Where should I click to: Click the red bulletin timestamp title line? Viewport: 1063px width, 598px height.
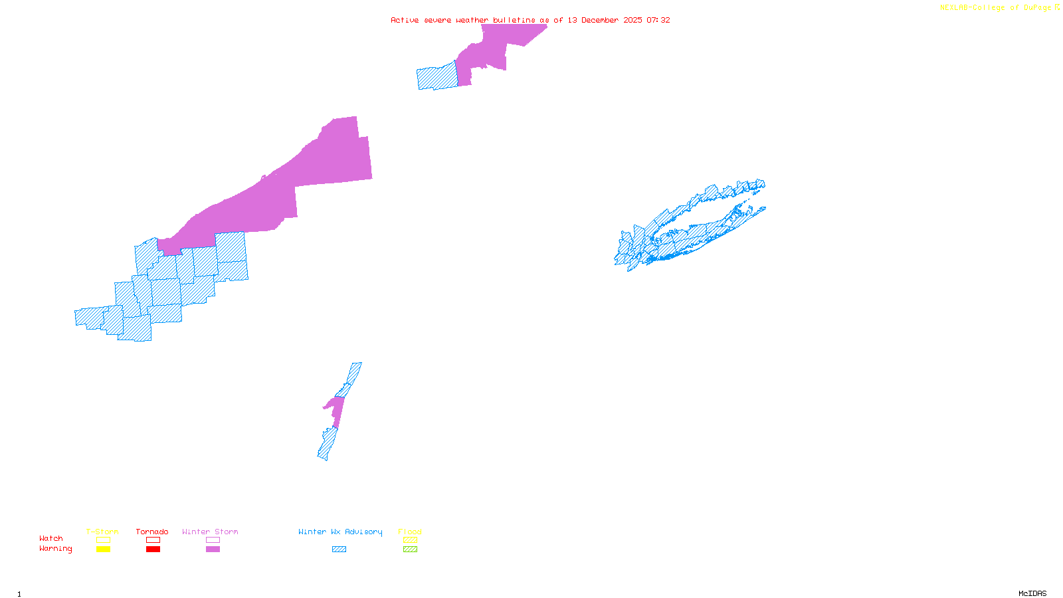[530, 20]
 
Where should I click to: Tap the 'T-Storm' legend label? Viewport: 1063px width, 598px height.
[102, 532]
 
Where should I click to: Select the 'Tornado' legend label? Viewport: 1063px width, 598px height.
[152, 532]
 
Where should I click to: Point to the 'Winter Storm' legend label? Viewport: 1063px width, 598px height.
[210, 532]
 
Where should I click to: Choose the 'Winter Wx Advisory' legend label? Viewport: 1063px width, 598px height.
[340, 532]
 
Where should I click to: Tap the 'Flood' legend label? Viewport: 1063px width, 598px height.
[410, 532]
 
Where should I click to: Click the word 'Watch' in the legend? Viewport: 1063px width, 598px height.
[51, 538]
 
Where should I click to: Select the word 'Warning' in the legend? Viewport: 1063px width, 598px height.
[55, 549]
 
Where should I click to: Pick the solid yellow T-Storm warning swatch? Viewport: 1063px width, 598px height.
[103, 549]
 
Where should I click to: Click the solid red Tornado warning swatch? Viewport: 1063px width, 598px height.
[153, 549]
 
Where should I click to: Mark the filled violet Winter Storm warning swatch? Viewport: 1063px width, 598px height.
[213, 549]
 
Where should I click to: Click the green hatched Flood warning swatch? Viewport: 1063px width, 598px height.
[410, 549]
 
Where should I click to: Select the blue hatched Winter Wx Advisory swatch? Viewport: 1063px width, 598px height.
[339, 549]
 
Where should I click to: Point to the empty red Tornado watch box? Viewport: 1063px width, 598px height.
[153, 540]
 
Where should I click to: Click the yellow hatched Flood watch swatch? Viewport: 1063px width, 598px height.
[410, 540]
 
